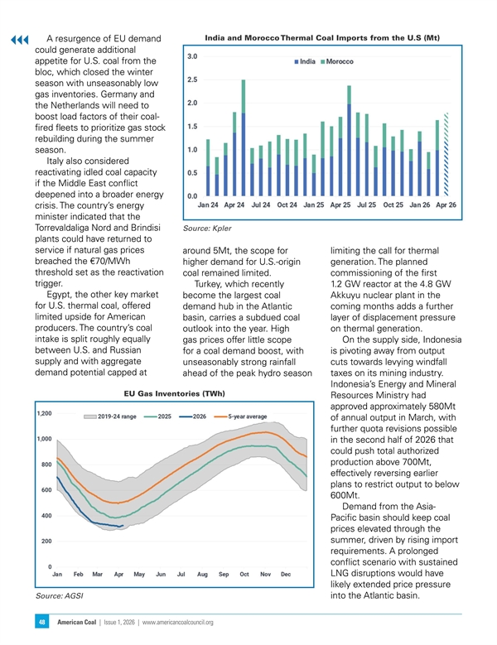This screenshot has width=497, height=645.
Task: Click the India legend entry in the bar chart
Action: click(305, 62)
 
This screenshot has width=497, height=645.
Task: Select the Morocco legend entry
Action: click(337, 62)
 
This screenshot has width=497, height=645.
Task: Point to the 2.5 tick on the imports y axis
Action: click(192, 79)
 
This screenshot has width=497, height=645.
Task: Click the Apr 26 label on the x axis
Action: click(446, 205)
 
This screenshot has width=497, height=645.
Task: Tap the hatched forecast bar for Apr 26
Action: click(446, 154)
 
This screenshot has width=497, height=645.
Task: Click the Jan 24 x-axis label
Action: click(208, 205)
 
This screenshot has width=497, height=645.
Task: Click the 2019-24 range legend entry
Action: click(110, 416)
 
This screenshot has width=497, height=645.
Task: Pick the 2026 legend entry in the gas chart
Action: click(192, 416)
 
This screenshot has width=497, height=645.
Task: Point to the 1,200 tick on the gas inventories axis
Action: click(45, 413)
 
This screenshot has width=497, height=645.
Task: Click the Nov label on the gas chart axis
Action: click(265, 575)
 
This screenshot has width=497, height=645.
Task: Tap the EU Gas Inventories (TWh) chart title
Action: click(175, 393)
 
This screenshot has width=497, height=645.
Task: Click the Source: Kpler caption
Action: click(207, 229)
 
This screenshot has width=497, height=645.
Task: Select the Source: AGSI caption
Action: click(60, 595)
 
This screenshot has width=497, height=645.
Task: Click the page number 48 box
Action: click(42, 623)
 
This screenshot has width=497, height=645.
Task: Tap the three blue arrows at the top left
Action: click(20, 40)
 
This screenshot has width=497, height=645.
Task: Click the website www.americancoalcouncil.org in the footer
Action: click(178, 623)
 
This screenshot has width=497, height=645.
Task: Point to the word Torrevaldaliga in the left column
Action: click(62, 228)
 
